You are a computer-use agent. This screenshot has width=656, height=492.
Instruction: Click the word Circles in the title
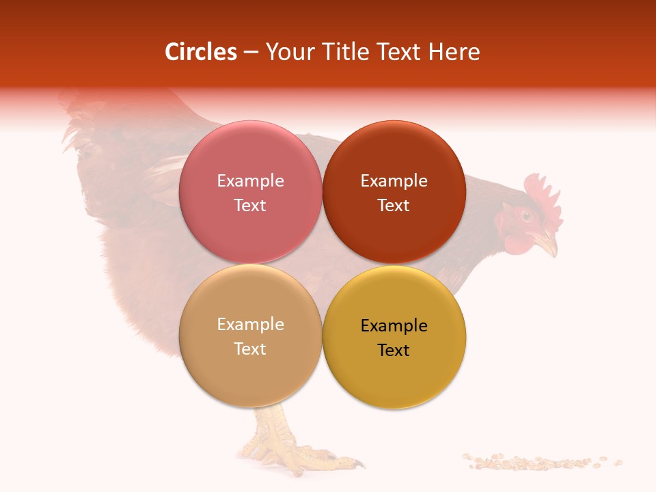point(200,52)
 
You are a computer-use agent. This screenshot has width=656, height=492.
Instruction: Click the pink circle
point(250,192)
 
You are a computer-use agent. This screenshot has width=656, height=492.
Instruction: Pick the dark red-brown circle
point(394,192)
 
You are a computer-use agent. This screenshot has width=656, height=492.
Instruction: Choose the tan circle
point(250,336)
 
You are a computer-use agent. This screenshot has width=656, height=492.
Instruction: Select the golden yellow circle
point(394,337)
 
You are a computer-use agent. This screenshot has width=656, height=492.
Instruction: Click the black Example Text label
point(394,338)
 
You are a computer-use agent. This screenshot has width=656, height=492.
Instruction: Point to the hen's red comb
point(543,195)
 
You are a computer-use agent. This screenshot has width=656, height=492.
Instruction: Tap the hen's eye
point(526,217)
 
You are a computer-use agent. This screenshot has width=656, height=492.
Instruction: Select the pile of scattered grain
point(540,463)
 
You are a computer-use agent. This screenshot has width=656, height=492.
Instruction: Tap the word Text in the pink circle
point(250,205)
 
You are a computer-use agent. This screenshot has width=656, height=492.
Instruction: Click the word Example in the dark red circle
point(394,180)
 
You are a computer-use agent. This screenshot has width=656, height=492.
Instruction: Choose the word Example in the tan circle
point(250,324)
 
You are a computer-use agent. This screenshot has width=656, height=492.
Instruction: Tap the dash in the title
point(251,53)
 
